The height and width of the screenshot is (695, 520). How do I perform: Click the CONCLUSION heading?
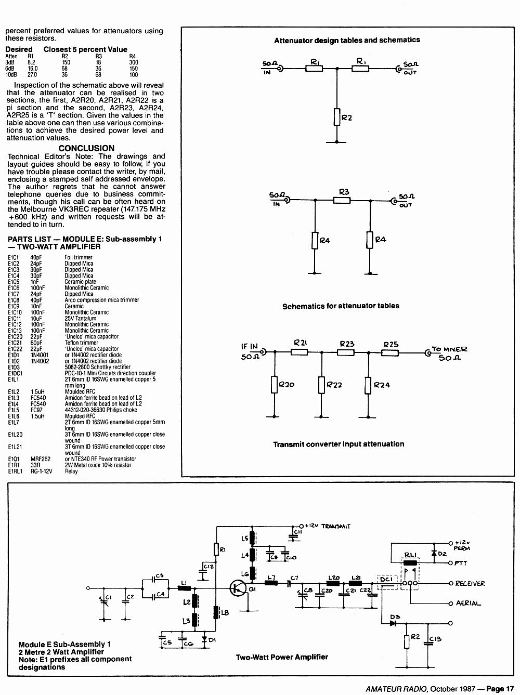point(86,148)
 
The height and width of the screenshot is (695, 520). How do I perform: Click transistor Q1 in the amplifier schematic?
point(238,588)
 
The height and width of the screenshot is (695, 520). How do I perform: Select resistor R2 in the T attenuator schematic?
point(336,117)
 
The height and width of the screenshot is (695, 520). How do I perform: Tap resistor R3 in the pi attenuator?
point(342,200)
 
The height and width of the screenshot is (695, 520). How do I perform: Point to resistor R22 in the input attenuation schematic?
point(321,385)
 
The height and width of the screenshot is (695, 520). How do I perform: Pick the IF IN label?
point(250,347)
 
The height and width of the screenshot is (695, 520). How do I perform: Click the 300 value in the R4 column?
point(133,62)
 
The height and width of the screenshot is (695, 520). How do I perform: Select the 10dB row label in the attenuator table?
point(11,75)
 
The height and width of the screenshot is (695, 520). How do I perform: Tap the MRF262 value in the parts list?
point(41,459)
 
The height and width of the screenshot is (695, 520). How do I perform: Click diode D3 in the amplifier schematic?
point(393,623)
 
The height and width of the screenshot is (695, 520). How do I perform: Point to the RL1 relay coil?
point(410,562)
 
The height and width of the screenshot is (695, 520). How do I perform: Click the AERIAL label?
point(469,603)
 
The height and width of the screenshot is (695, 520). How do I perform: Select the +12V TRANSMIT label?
point(328,526)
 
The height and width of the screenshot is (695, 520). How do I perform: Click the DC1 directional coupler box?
point(387,583)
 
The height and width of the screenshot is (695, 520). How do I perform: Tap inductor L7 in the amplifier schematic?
point(271,583)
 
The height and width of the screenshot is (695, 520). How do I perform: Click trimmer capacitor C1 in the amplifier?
point(104,600)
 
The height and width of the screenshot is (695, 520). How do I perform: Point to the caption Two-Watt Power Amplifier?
point(282,657)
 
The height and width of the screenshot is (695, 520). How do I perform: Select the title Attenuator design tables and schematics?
point(347,40)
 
